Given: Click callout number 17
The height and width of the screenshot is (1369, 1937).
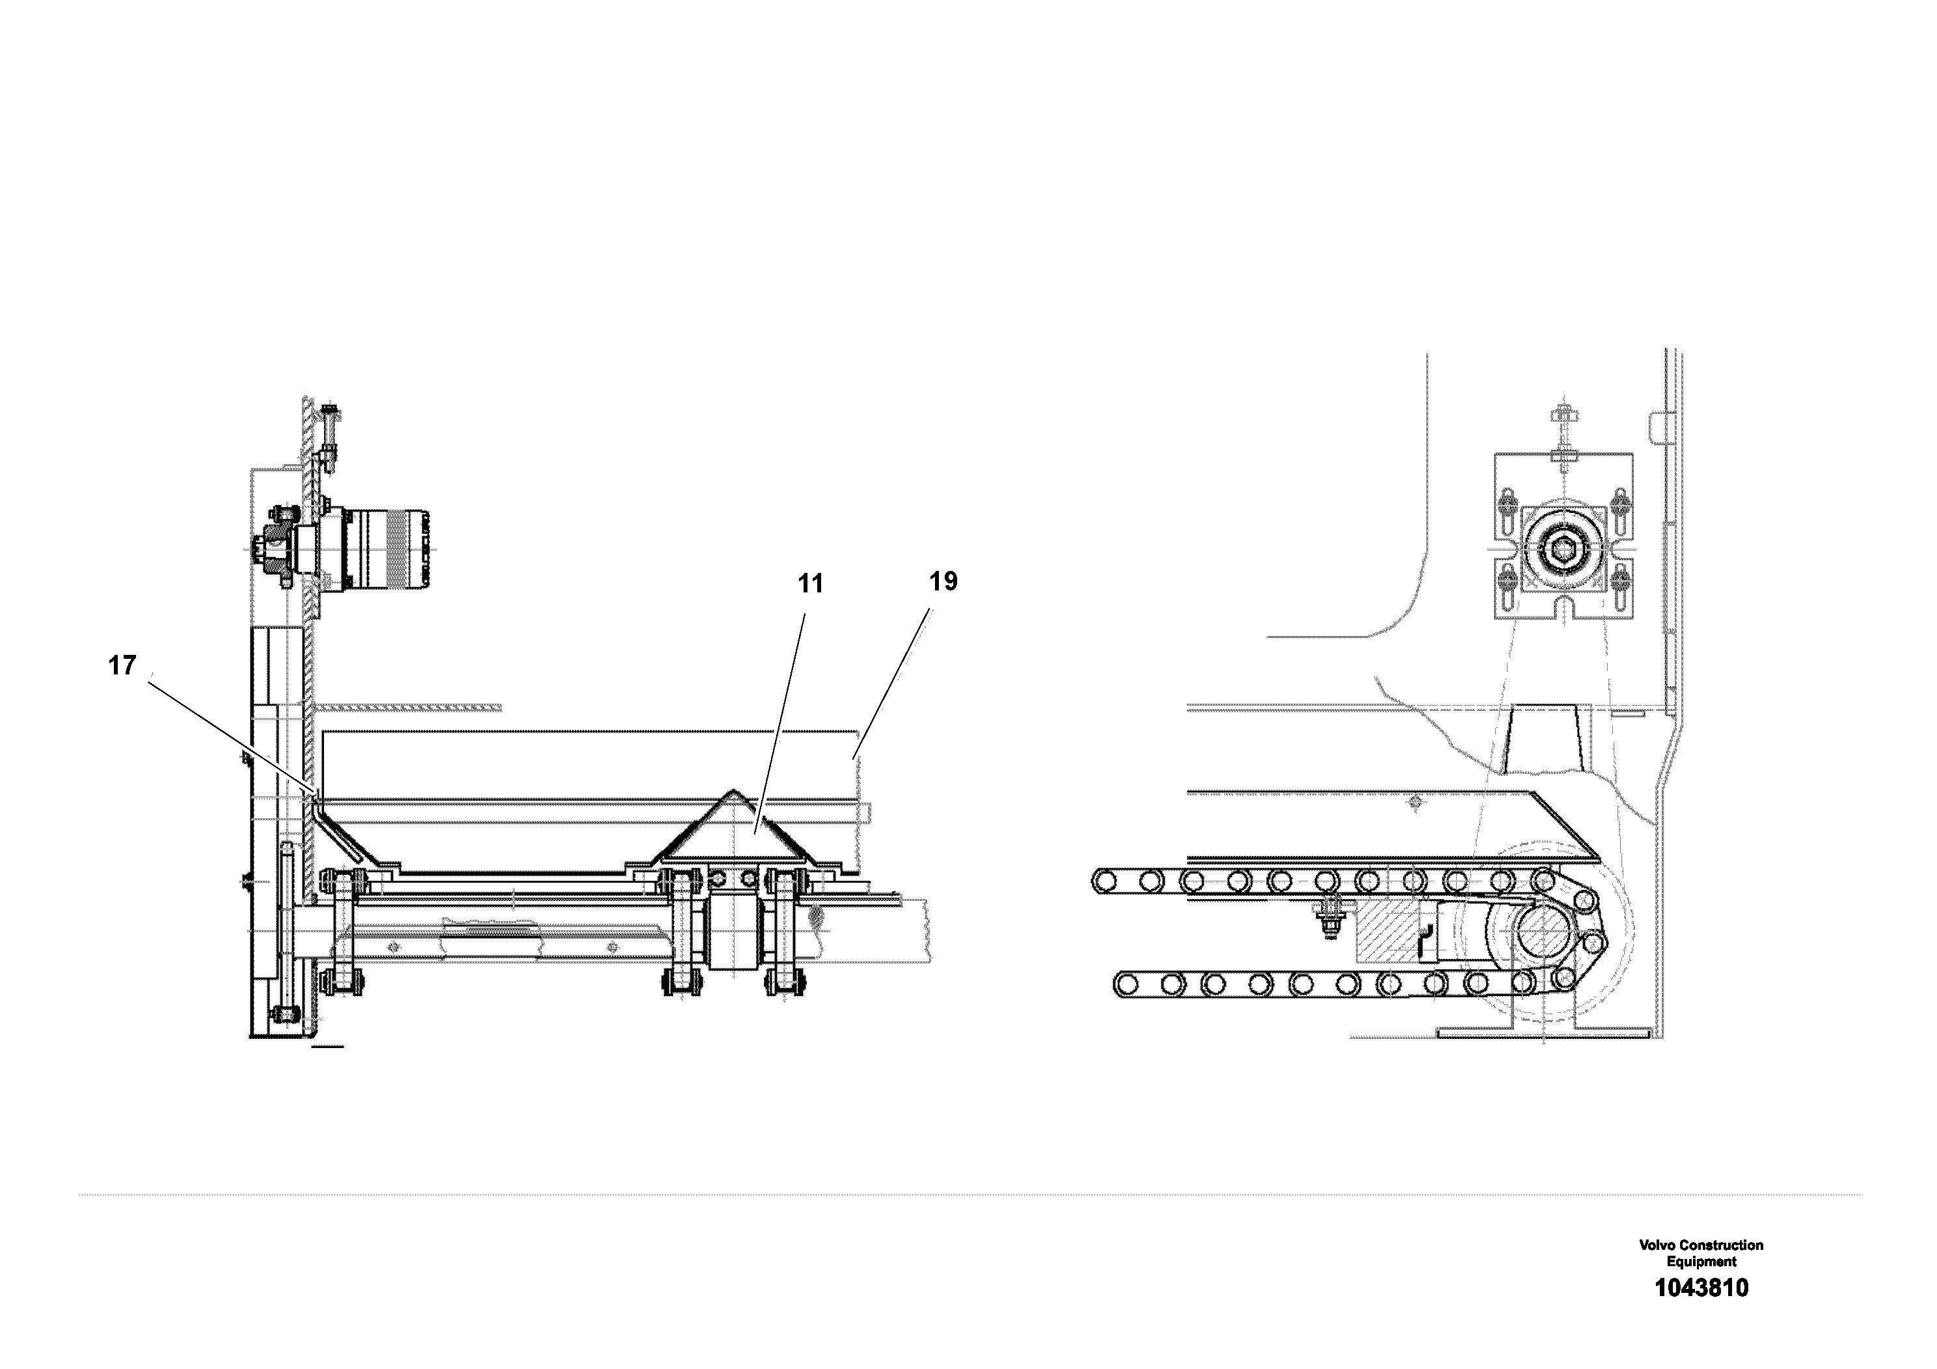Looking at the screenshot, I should [122, 666].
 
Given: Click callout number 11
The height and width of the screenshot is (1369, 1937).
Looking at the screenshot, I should [810, 584].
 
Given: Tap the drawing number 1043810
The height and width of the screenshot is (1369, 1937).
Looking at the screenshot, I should [1701, 1288].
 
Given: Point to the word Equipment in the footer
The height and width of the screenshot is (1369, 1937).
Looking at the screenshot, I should [1701, 1261].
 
